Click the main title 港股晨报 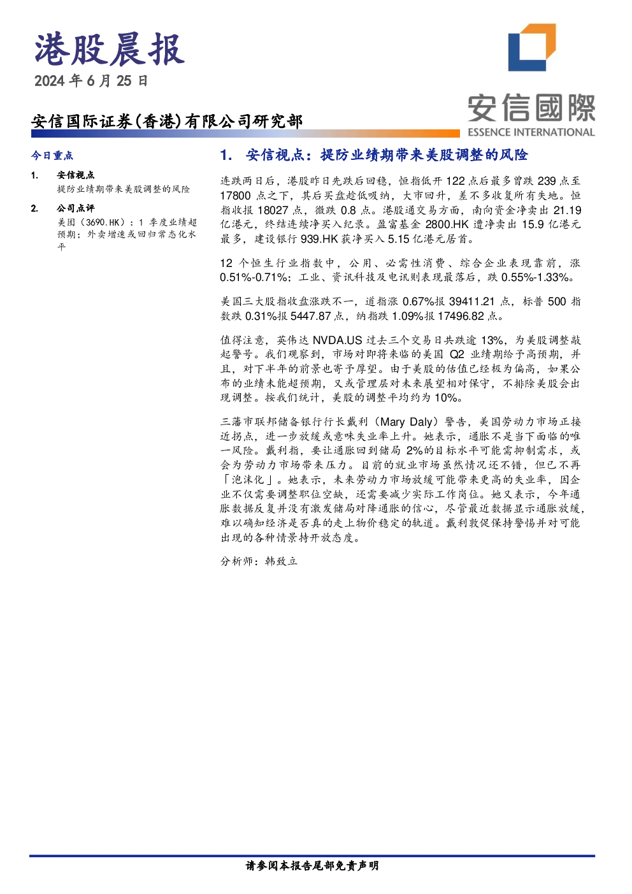click(109, 50)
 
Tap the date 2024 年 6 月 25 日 click(91, 81)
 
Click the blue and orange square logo click(532, 48)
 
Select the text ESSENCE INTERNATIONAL click(531, 132)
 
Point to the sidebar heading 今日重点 click(52, 155)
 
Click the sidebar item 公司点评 click(76, 208)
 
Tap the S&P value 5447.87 click(311, 316)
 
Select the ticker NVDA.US click(337, 340)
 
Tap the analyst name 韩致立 click(281, 561)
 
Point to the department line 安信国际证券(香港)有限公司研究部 click(167, 121)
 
